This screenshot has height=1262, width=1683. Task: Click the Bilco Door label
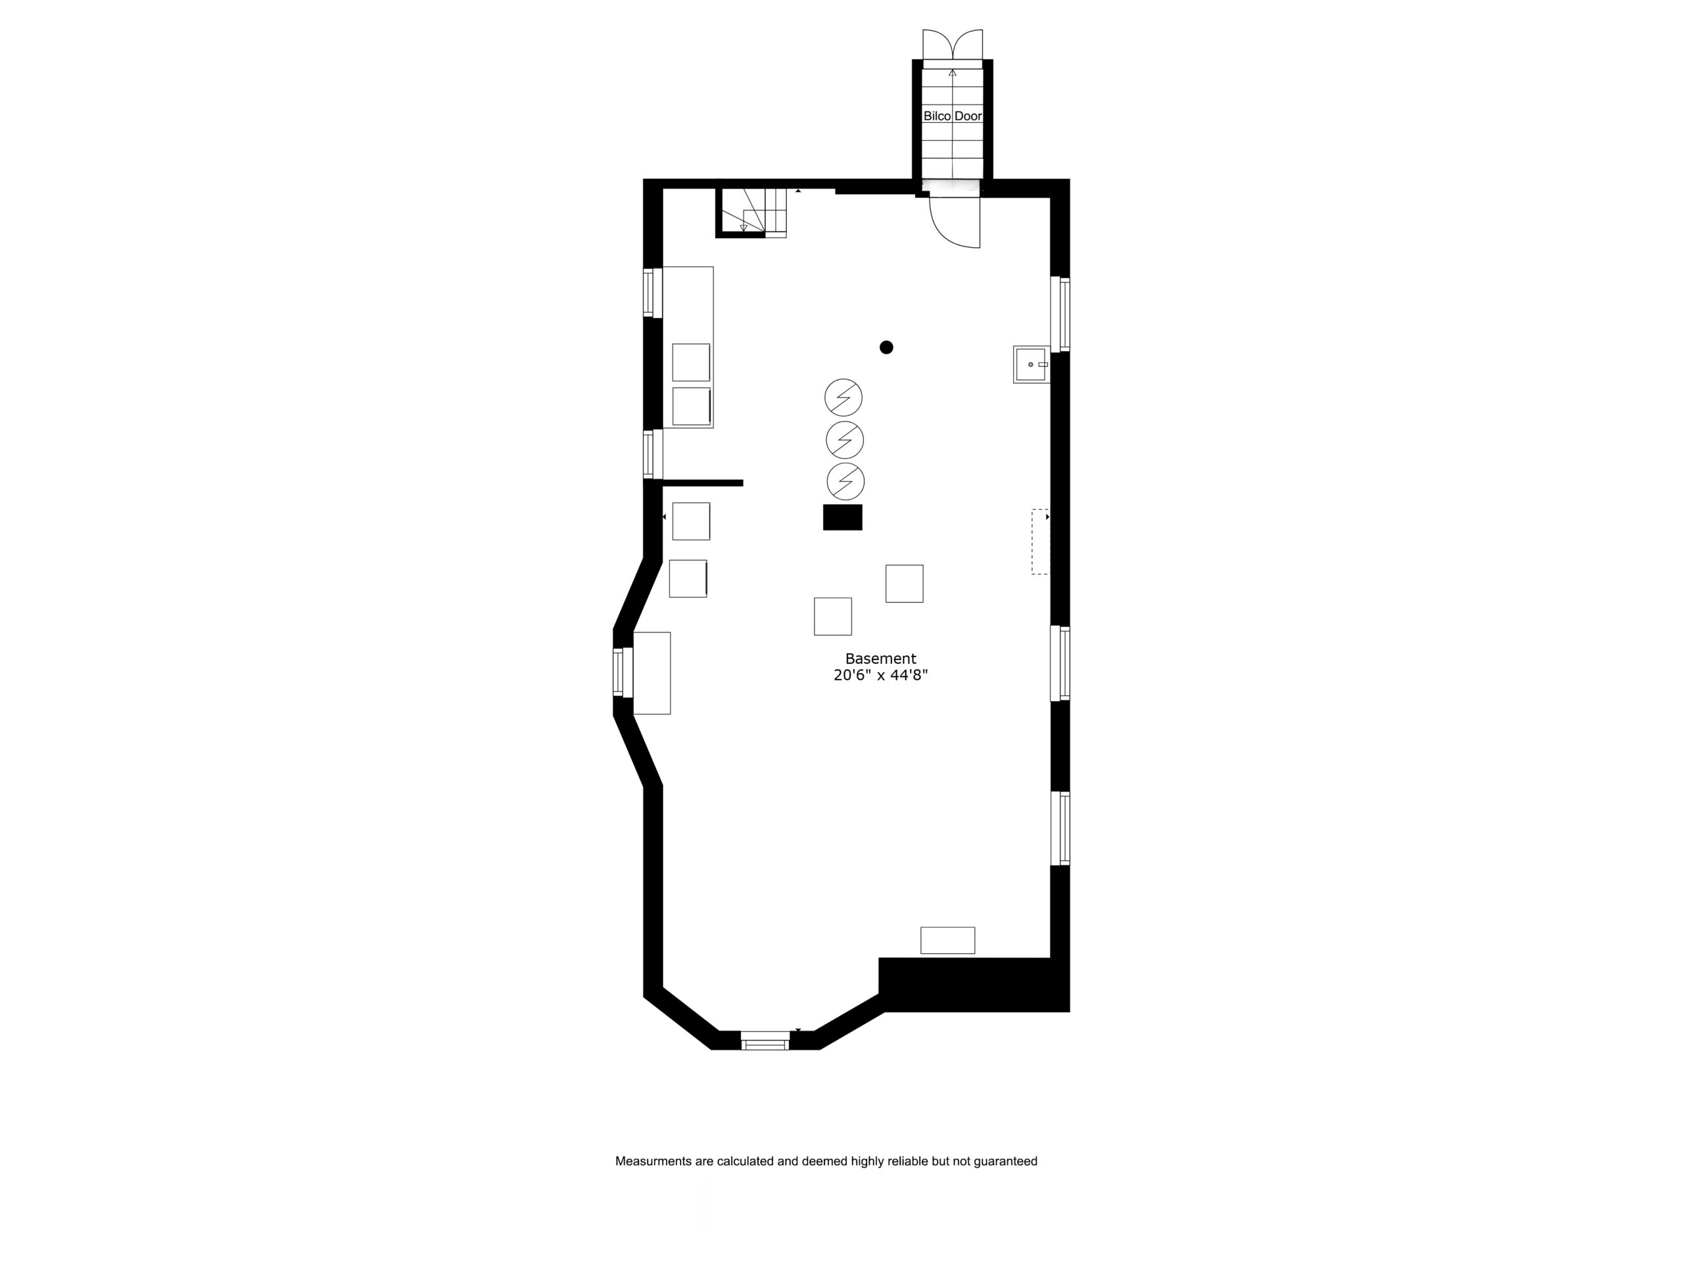[x=953, y=116]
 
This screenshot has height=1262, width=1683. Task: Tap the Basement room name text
[x=880, y=659]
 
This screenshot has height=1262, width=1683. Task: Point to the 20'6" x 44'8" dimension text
[x=880, y=676]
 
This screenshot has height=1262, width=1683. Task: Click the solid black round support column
[x=886, y=348]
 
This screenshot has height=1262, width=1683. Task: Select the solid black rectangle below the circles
[x=843, y=517]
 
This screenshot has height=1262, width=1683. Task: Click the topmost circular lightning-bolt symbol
[x=843, y=397]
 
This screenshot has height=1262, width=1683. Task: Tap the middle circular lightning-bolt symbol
[x=845, y=440]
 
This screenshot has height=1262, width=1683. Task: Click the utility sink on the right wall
[x=1031, y=364]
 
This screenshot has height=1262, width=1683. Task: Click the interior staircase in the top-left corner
[x=751, y=212]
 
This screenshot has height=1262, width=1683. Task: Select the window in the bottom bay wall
[x=765, y=1040]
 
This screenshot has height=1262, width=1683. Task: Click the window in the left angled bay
[x=623, y=672]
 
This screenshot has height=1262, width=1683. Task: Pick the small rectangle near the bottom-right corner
[x=948, y=940]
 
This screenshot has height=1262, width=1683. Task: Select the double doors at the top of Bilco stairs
[x=953, y=44]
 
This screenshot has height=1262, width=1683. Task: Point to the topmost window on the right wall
[x=1060, y=314]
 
